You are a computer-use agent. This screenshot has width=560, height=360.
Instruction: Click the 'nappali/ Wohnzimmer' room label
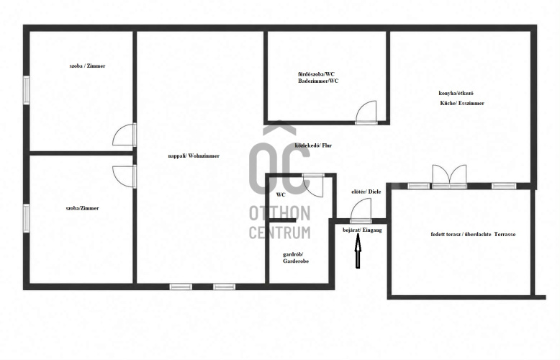tap(194, 156)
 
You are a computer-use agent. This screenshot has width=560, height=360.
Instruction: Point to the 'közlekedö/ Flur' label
tap(313, 145)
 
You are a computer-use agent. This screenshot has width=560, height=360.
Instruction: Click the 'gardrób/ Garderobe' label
tap(296, 258)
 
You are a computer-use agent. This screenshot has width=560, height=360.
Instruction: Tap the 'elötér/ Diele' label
tap(366, 192)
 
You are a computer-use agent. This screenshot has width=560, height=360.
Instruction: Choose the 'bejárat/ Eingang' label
tap(362, 230)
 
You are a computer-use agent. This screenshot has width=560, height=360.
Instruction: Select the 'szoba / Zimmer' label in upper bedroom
tap(87, 66)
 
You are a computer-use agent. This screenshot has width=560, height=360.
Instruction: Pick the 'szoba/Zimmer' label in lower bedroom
tap(82, 208)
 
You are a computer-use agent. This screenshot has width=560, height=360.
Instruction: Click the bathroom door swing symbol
tap(366, 112)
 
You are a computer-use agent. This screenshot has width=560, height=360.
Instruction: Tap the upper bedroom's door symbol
tap(125, 135)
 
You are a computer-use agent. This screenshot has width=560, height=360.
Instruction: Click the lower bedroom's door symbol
tap(125, 176)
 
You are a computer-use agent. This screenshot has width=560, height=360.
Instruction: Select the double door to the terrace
tap(449, 176)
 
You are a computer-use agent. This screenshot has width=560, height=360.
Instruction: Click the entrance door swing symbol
tap(361, 210)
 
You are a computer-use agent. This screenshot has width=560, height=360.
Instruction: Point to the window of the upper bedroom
tap(27, 90)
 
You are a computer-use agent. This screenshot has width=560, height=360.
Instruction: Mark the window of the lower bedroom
tap(27, 218)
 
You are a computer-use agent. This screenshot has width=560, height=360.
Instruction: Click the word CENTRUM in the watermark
tap(280, 232)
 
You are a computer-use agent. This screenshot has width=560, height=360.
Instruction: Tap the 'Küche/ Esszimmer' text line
tap(462, 103)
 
